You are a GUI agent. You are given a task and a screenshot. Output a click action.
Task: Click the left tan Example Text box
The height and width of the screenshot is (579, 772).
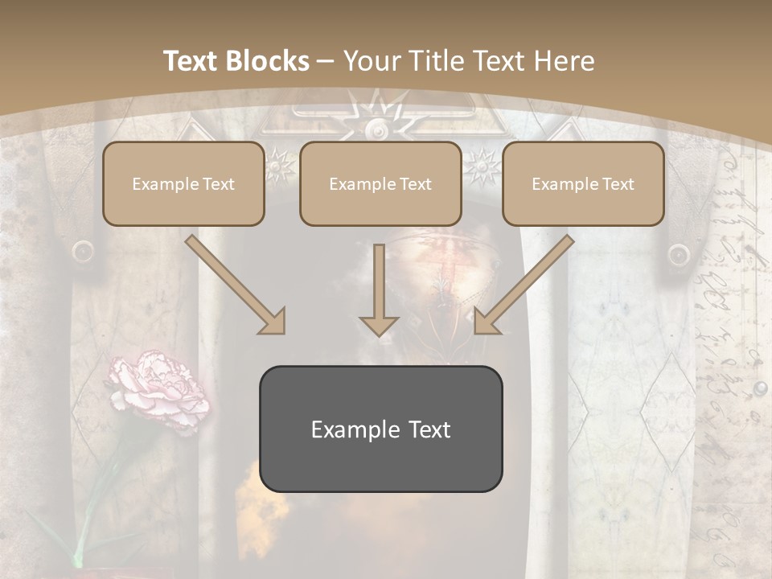click(x=183, y=184)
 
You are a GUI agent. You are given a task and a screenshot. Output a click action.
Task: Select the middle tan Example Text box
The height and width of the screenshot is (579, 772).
click(x=380, y=184)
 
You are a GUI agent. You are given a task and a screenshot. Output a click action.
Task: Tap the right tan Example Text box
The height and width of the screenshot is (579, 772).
click(x=583, y=184)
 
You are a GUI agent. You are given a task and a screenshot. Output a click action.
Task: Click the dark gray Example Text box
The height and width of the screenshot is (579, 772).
click(x=380, y=429)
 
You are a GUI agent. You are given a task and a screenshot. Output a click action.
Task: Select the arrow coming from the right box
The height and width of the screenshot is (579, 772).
click(x=524, y=285)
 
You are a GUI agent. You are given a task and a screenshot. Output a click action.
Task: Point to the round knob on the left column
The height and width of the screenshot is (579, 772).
click(x=83, y=253)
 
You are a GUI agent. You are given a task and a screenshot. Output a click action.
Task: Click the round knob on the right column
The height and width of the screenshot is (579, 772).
click(x=679, y=254)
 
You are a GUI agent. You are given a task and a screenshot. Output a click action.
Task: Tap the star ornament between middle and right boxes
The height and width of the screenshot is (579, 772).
click(x=482, y=166)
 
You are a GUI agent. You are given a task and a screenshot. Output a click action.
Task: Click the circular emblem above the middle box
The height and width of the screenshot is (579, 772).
click(x=377, y=129)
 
